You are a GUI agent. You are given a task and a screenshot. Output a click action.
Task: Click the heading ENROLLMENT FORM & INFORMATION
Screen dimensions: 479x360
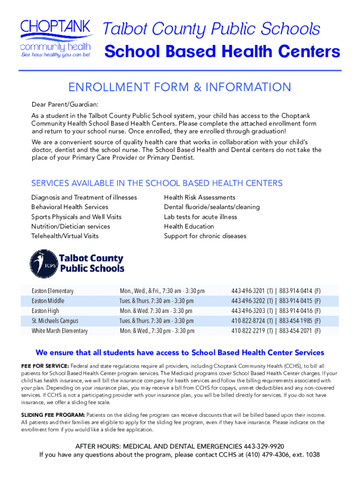tap(180, 87)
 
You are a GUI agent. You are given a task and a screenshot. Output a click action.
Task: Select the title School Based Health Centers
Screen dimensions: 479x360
tap(222, 52)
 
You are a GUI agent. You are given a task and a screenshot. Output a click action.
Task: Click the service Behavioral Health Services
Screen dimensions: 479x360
tap(70, 207)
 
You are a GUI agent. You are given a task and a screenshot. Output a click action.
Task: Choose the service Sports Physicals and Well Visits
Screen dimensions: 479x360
tap(76, 217)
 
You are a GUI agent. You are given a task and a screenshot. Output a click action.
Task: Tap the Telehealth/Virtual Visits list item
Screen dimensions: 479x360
tap(65, 236)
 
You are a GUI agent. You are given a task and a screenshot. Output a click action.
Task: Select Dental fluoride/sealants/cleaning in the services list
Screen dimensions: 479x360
tap(212, 207)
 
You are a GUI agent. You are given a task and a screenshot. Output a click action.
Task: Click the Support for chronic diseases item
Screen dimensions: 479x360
tap(205, 236)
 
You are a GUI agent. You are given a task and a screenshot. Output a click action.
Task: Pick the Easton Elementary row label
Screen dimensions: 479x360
tap(52, 291)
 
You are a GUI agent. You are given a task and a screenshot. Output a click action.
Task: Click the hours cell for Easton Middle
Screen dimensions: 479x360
tap(156, 301)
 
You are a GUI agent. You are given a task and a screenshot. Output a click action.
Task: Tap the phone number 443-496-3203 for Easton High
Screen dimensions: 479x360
tap(248, 311)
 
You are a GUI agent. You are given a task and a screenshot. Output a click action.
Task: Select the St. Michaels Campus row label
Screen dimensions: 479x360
tap(55, 321)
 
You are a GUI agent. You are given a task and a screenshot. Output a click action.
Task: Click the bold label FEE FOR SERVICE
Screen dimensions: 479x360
tap(45, 366)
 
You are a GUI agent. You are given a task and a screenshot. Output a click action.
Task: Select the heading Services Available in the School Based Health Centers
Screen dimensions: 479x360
tap(157, 183)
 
